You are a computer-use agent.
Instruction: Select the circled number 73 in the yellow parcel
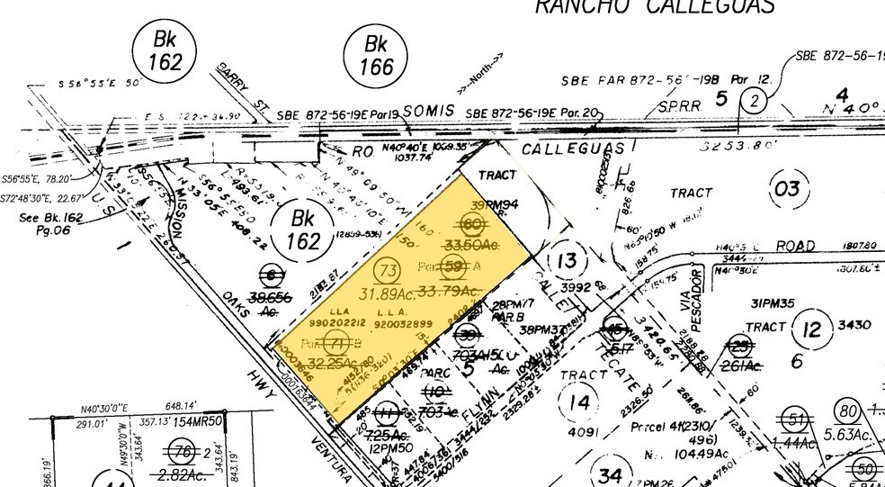pyautogui.click(x=389, y=269)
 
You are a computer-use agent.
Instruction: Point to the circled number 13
pyautogui.click(x=567, y=261)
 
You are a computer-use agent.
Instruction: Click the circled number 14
pyautogui.click(x=580, y=401)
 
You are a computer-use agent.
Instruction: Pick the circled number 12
pyautogui.click(x=813, y=329)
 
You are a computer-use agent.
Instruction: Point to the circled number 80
pyautogui.click(x=847, y=413)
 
